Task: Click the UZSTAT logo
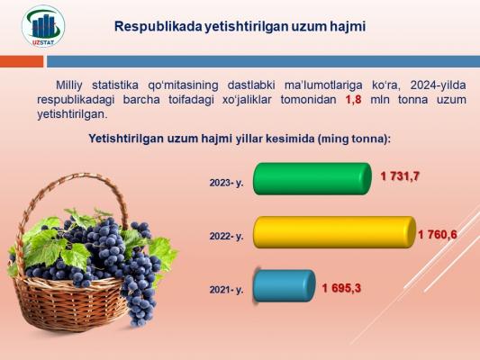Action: (x=43, y=26)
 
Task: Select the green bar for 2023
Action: (x=312, y=179)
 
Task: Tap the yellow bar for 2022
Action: (x=334, y=232)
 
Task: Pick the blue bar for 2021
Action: (x=284, y=286)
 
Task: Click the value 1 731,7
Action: (x=400, y=176)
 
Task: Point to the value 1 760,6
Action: (x=438, y=235)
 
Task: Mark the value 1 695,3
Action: (x=341, y=288)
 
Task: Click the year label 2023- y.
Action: (x=226, y=183)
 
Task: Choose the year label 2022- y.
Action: (x=226, y=237)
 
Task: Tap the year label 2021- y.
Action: (x=226, y=290)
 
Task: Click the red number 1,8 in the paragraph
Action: (x=353, y=100)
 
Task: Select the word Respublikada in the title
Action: (x=158, y=27)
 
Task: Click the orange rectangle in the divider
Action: (x=22, y=61)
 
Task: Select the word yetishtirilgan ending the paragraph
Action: (x=72, y=114)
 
